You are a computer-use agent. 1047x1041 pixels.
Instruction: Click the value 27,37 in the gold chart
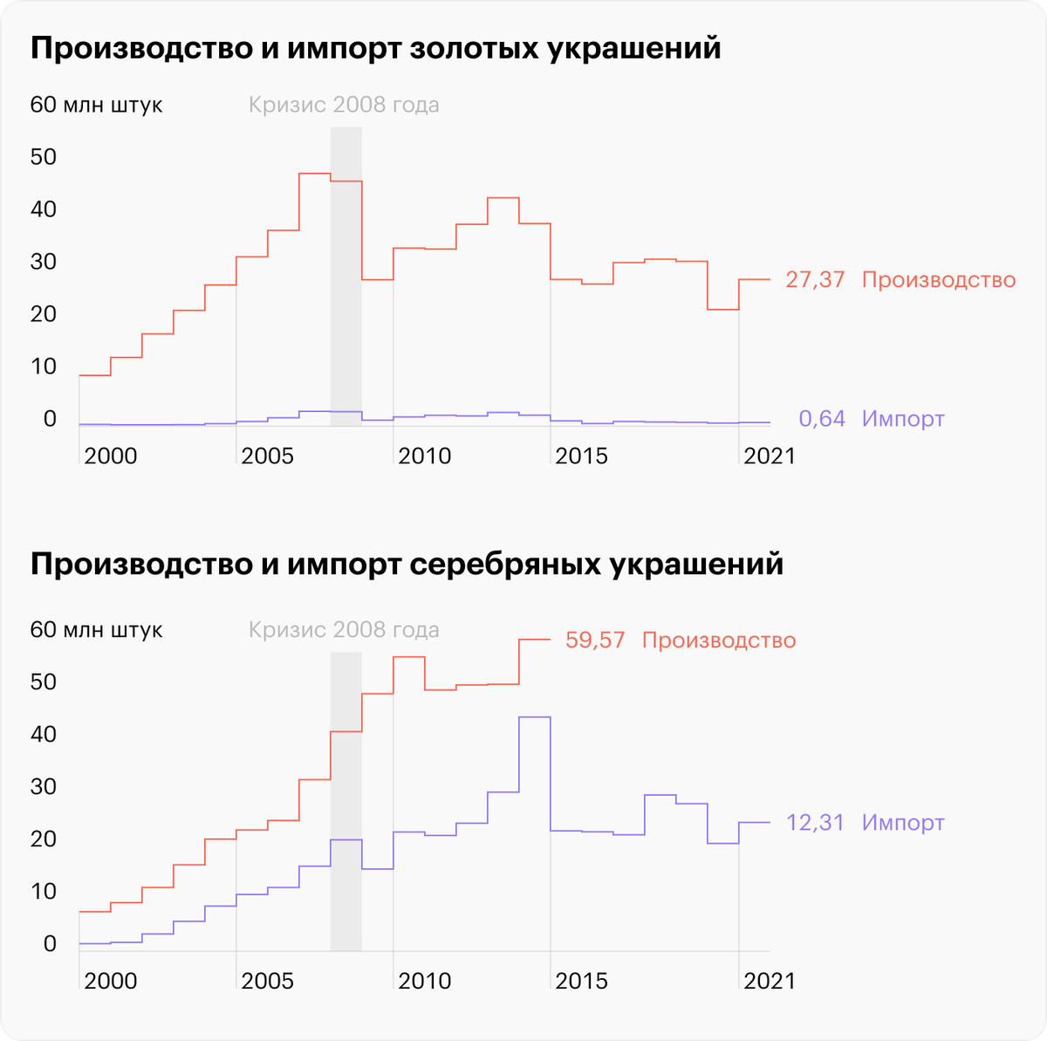tap(815, 280)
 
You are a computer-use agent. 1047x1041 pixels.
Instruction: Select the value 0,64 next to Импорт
tap(822, 419)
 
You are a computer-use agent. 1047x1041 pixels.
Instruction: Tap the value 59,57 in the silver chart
tap(595, 640)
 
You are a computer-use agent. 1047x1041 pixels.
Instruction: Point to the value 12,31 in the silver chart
tap(815, 823)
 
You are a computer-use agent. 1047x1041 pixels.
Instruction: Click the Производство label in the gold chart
tap(939, 280)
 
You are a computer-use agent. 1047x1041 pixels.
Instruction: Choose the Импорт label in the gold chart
tap(903, 419)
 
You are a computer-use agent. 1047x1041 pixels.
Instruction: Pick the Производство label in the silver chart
tap(719, 640)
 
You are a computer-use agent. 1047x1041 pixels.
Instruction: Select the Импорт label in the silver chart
tap(903, 823)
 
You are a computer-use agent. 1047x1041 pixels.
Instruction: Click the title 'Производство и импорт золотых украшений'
tap(375, 49)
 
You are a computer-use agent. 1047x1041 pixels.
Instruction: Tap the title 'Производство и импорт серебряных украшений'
tap(407, 565)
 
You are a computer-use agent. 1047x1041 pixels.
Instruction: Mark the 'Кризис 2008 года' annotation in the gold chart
tap(344, 106)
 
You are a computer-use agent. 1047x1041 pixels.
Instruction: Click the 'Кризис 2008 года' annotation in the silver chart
tap(344, 630)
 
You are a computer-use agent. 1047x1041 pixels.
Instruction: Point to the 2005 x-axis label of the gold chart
tap(268, 456)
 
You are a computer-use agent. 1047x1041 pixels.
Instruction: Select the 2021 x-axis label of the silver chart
tap(769, 982)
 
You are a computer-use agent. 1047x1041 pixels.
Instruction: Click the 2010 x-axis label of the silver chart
tap(425, 982)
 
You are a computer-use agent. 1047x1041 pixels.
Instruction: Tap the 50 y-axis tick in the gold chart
tap(43, 158)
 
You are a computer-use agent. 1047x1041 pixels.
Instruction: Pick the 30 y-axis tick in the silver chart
tap(43, 787)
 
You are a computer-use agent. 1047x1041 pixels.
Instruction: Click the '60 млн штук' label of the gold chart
tap(96, 106)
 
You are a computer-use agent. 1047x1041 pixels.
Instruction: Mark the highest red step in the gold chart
tap(315, 174)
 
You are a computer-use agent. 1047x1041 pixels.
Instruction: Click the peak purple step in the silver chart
tap(535, 717)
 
